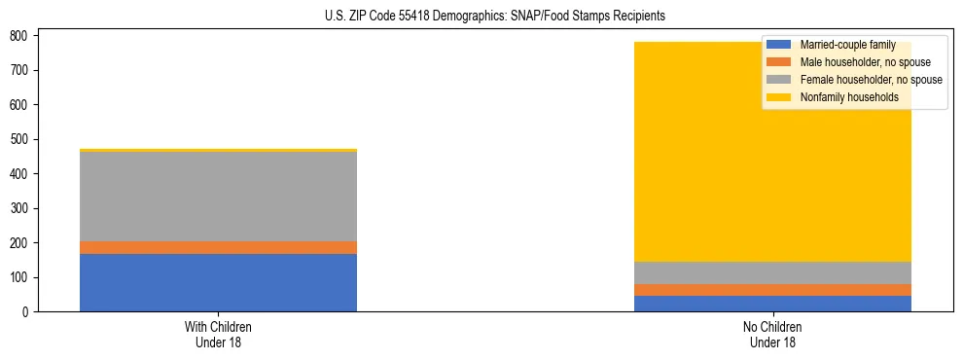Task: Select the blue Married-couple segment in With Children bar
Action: tap(218, 282)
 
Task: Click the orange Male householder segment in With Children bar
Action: tap(218, 247)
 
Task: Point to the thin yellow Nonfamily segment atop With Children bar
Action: tap(218, 150)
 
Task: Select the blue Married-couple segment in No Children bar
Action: tap(772, 304)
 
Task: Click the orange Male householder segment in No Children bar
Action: tap(772, 290)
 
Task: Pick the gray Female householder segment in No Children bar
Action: tap(772, 272)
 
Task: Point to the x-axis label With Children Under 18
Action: tap(218, 334)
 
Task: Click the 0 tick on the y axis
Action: tap(26, 311)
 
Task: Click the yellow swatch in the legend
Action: tap(779, 97)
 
